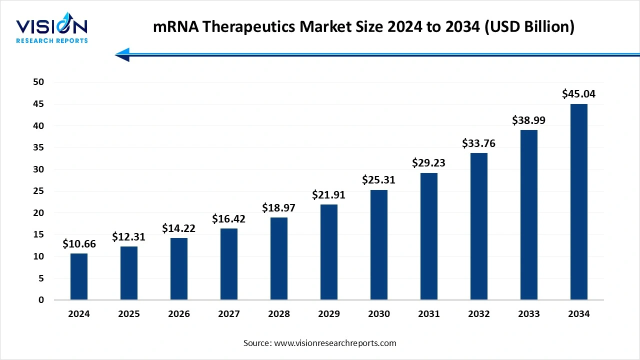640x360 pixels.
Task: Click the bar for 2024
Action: [79, 276]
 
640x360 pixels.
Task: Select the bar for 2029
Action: [329, 252]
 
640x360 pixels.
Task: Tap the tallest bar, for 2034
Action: [579, 202]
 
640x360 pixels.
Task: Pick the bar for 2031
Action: [429, 236]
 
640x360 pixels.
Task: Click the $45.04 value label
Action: [579, 94]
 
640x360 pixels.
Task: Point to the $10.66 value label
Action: [79, 244]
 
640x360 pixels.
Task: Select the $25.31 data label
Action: [379, 180]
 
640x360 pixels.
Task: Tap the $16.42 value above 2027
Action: [229, 218]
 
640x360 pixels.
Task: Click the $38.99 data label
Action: [528, 120]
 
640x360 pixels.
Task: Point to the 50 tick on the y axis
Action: [38, 82]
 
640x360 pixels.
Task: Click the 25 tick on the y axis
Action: [38, 191]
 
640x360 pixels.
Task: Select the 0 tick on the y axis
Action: [41, 300]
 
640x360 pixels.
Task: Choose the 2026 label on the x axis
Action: [179, 314]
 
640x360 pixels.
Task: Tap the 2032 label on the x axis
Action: [479, 314]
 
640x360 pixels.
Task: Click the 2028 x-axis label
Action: [279, 314]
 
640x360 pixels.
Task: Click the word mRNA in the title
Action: [173, 27]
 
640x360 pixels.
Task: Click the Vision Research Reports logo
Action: [52, 30]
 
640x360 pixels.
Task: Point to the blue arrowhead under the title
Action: [122, 54]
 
